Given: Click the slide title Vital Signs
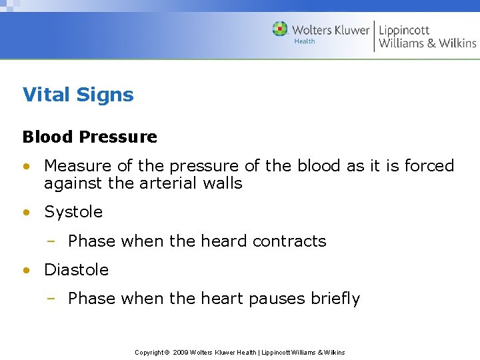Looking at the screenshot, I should coord(78,95).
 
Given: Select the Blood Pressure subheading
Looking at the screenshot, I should coord(89,137).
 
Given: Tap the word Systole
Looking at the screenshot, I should coord(73,212).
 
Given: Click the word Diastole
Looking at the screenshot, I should coord(76,270).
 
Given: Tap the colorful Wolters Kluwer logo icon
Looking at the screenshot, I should coord(280,29).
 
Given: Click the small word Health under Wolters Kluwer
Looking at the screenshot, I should coord(305,41).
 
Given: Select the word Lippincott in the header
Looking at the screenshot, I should coord(404,30).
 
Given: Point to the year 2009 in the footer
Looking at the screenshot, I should coord(180,352).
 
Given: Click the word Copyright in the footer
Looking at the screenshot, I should coord(149,352).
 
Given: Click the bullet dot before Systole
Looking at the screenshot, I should coord(25,213).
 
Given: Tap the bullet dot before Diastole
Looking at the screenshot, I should coord(25,271).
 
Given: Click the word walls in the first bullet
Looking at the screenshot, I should coord(225,183).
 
